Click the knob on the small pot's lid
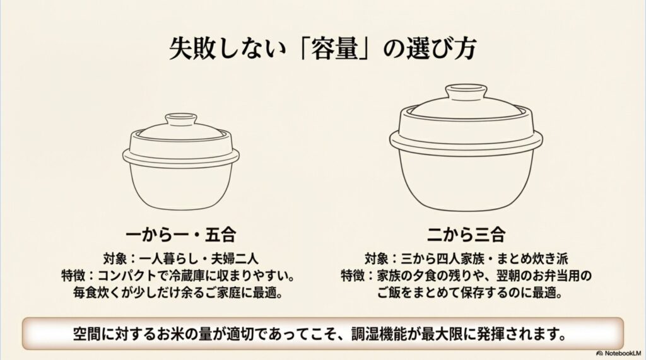(181, 120)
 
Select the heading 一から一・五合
(181, 236)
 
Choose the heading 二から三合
(466, 236)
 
